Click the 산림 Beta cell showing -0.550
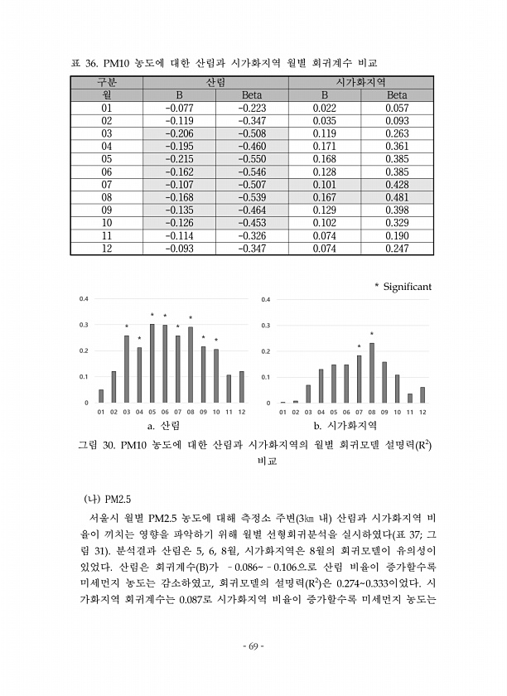(x=252, y=158)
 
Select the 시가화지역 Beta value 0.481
(x=398, y=197)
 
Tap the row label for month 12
(x=106, y=249)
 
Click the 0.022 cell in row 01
(x=324, y=108)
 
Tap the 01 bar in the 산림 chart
(x=101, y=396)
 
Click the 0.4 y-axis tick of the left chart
(x=83, y=298)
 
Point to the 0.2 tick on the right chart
(x=265, y=351)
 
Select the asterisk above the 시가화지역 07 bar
(x=359, y=346)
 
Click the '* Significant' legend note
(x=403, y=286)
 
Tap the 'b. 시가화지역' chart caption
(x=345, y=425)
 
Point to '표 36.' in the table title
(x=83, y=63)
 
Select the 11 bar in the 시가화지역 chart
(x=410, y=398)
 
